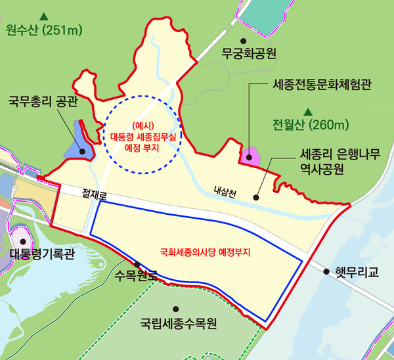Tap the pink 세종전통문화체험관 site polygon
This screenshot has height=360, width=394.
250,156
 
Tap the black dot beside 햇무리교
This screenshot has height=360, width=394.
326,270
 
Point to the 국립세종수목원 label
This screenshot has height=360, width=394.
179,324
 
